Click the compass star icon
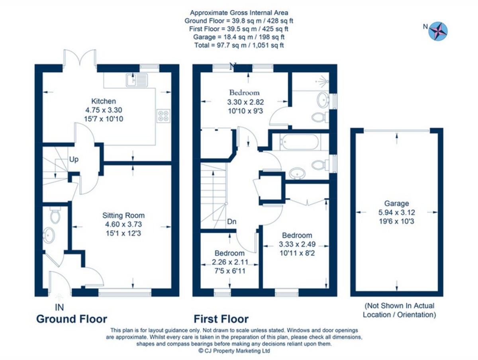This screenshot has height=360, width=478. pyautogui.click(x=438, y=31)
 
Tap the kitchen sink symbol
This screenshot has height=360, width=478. pyautogui.click(x=131, y=80)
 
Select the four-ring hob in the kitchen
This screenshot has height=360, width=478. pyautogui.click(x=163, y=116)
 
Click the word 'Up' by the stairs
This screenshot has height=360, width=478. pyautogui.click(x=74, y=160)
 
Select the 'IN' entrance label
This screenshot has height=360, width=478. pyautogui.click(x=59, y=307)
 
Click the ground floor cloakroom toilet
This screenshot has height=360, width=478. pyautogui.click(x=55, y=216)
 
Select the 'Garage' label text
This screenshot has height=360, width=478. pyautogui.click(x=396, y=203)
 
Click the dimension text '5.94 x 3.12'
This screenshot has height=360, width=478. pyautogui.click(x=396, y=212)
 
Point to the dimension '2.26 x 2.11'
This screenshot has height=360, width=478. pyautogui.click(x=229, y=262)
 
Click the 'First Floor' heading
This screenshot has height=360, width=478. pyautogui.click(x=221, y=319)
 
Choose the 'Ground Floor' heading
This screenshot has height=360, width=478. pyautogui.click(x=72, y=319)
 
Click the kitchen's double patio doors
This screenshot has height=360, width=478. pyautogui.click(x=80, y=58)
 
